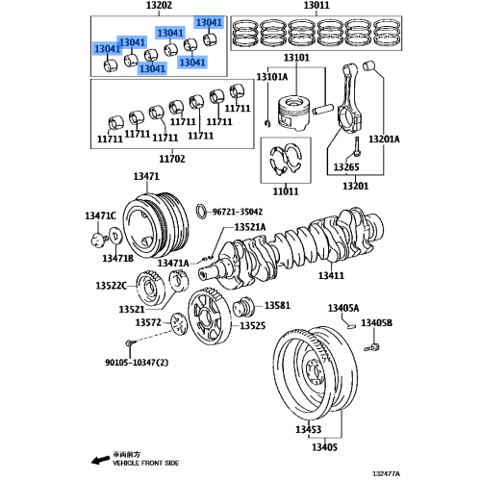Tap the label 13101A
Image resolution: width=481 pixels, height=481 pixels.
(272, 77)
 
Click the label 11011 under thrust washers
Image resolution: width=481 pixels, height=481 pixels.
(285, 192)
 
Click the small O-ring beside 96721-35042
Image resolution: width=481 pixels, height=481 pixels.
(201, 211)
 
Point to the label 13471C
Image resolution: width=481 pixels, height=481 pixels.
(99, 215)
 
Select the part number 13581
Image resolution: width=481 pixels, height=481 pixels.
(277, 305)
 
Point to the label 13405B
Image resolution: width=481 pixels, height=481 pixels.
(376, 322)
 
